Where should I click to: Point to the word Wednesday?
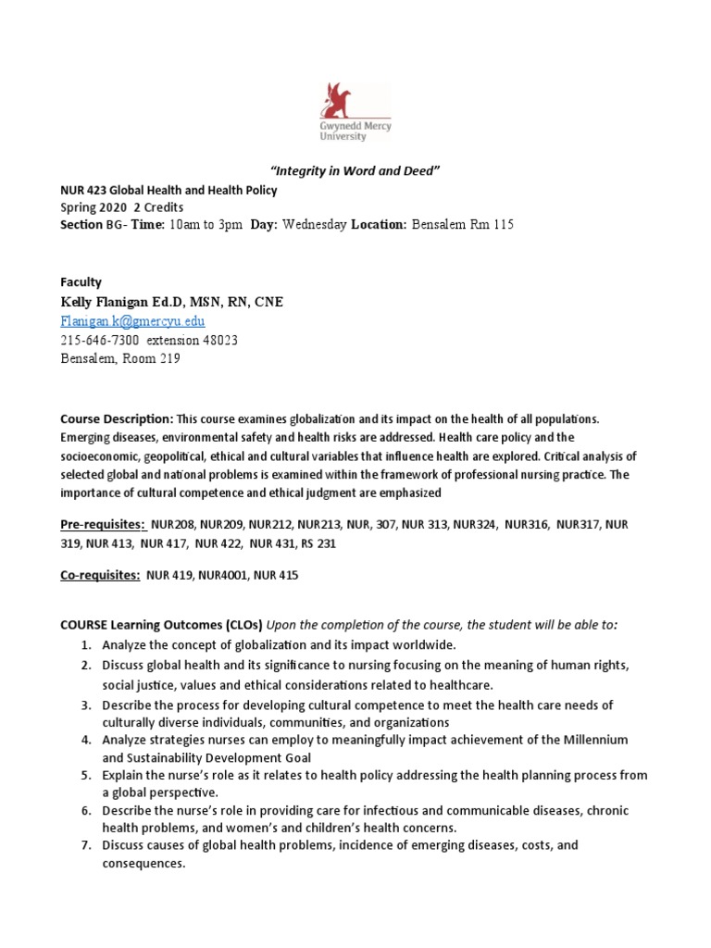(315, 225)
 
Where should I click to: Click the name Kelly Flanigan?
(118, 302)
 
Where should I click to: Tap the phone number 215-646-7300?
(104, 340)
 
